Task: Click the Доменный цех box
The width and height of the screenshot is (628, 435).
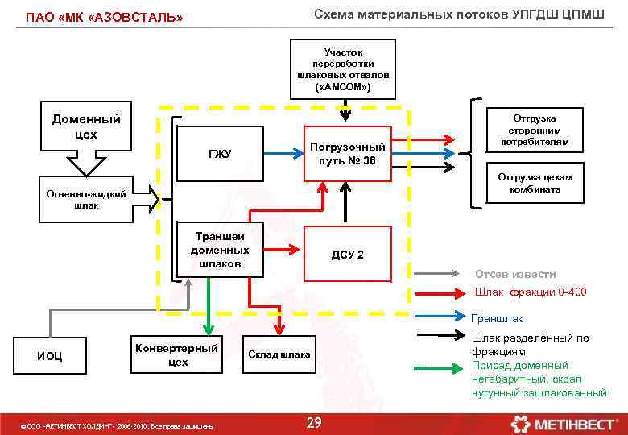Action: [86, 126]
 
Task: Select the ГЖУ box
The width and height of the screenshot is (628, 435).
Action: [218, 153]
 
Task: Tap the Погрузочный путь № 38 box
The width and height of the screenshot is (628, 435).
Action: [347, 153]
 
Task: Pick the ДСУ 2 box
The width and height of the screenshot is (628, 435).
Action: [347, 254]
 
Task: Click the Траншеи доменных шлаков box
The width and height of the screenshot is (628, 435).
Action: [219, 250]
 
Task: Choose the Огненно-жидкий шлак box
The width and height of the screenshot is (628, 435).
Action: [86, 199]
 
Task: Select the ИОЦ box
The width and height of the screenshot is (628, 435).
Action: [50, 355]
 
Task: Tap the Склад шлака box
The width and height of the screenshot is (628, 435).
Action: [279, 355]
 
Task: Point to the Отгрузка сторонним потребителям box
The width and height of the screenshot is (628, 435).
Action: [534, 130]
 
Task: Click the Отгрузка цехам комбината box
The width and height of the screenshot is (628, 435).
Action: [534, 184]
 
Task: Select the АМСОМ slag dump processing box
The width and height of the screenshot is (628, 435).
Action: [344, 68]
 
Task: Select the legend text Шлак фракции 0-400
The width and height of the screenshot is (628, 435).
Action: [531, 292]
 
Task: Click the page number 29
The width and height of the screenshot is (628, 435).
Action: [314, 424]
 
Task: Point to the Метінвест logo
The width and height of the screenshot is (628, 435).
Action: [564, 423]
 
